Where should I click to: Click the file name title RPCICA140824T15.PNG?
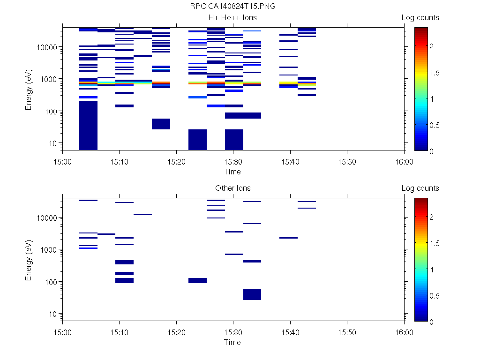(233, 7)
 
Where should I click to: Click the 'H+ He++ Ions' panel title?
(233, 18)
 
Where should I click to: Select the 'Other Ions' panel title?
(233, 188)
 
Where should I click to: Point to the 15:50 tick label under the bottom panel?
(347, 332)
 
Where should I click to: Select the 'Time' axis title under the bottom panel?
(232, 342)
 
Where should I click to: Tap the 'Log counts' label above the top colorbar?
(420, 18)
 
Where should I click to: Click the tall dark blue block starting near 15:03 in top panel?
(88, 125)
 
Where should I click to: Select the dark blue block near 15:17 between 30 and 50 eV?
(161, 124)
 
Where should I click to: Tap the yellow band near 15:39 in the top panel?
(288, 83)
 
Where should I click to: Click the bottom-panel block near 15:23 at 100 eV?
(197, 280)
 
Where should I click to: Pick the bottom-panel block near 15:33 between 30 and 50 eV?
(252, 294)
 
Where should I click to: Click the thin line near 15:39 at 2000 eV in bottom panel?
(288, 238)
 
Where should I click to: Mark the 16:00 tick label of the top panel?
(404, 162)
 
